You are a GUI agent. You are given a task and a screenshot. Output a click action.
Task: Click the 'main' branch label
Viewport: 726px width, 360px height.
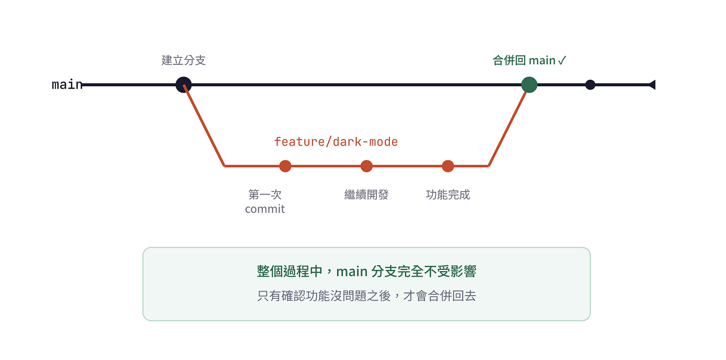tap(67, 85)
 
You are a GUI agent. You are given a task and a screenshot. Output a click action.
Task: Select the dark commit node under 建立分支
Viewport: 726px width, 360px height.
tap(183, 85)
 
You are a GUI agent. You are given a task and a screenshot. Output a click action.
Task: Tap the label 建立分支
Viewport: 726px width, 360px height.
tap(183, 60)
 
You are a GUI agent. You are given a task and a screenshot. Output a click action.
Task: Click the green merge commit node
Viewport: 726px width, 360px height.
tap(529, 85)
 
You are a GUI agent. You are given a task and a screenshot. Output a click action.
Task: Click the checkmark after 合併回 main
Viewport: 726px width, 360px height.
tap(562, 61)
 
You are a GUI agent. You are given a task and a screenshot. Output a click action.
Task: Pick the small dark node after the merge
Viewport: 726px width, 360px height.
tap(590, 85)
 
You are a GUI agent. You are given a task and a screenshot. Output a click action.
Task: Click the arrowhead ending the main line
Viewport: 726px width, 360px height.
tap(652, 85)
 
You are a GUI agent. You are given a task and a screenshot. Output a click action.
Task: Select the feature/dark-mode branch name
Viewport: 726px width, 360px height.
tap(336, 142)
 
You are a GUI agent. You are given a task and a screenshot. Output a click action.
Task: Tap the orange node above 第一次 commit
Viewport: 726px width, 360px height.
tap(285, 166)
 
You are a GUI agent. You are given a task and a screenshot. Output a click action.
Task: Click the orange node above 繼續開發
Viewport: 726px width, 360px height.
tap(366, 166)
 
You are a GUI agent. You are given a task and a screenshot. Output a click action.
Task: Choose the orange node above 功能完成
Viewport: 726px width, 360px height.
tap(448, 166)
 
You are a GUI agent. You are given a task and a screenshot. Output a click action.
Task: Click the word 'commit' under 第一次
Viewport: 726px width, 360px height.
tap(265, 209)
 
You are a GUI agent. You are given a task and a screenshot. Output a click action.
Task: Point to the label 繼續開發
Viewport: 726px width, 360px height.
tap(366, 194)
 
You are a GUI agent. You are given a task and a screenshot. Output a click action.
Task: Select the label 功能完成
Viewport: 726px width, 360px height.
tap(448, 194)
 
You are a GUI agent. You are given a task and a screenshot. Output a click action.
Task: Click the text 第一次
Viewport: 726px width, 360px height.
tap(265, 194)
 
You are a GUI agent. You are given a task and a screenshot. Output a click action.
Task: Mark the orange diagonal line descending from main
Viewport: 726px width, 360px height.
tap(204, 126)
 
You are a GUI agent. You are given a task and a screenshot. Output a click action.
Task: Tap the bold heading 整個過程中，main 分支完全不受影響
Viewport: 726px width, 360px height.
tap(366, 271)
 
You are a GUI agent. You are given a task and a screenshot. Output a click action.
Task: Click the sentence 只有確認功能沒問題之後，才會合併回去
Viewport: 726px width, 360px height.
tap(366, 296)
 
